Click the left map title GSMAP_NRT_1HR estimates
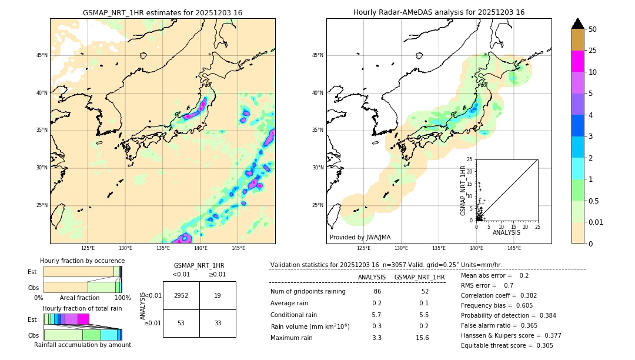tap(162, 12)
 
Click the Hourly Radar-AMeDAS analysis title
tap(439, 12)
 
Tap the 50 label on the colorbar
tap(593, 29)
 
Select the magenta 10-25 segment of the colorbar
tap(578, 61)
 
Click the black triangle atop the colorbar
tap(578, 24)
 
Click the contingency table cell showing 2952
tap(181, 295)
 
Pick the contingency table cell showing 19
tap(218, 295)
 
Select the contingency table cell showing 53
tap(181, 323)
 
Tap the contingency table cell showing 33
tap(218, 323)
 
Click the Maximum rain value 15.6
tap(422, 338)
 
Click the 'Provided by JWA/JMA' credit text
tap(360, 237)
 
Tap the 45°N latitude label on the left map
tap(42, 55)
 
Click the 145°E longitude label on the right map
tap(514, 248)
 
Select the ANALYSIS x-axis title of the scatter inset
tap(506, 232)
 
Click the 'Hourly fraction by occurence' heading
tap(82, 261)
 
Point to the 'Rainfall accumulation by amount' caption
tap(82, 345)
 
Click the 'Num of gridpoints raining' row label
tap(308, 292)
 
